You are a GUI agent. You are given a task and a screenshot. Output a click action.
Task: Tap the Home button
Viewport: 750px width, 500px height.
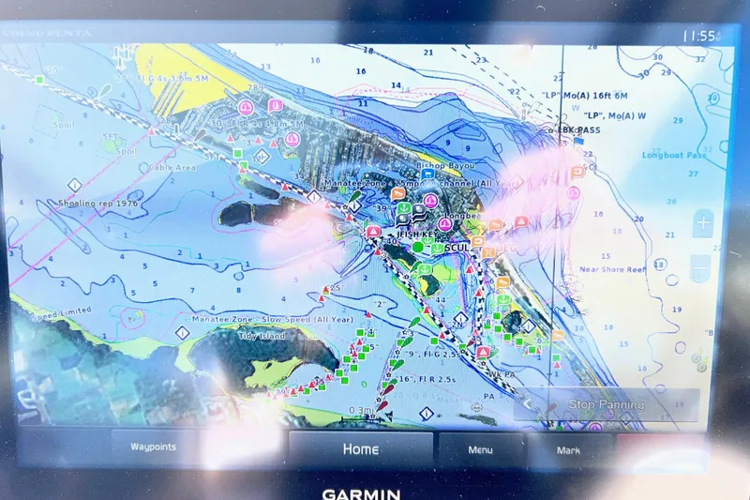(x=360, y=449)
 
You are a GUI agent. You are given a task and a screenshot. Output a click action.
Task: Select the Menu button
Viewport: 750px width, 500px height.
(x=480, y=450)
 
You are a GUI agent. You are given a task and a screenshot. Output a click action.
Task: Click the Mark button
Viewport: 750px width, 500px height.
(x=568, y=450)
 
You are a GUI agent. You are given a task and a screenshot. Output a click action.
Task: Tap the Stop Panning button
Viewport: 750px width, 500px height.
(x=607, y=404)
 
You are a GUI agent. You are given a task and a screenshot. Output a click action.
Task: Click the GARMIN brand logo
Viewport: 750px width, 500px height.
(x=361, y=493)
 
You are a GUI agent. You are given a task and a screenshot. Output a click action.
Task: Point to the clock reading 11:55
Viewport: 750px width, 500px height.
(x=699, y=36)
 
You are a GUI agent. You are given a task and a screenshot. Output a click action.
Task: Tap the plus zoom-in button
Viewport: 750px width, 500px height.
(x=702, y=223)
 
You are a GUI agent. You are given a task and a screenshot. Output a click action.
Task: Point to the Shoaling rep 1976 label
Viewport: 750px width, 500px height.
(x=97, y=203)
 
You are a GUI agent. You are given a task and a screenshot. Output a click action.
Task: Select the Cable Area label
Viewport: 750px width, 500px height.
(x=172, y=168)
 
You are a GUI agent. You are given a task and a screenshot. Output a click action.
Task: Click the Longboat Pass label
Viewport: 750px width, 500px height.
(x=673, y=155)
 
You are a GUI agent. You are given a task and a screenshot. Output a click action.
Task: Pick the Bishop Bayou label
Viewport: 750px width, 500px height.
(x=444, y=165)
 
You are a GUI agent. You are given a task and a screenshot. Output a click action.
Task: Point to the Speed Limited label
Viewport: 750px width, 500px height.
(x=63, y=311)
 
